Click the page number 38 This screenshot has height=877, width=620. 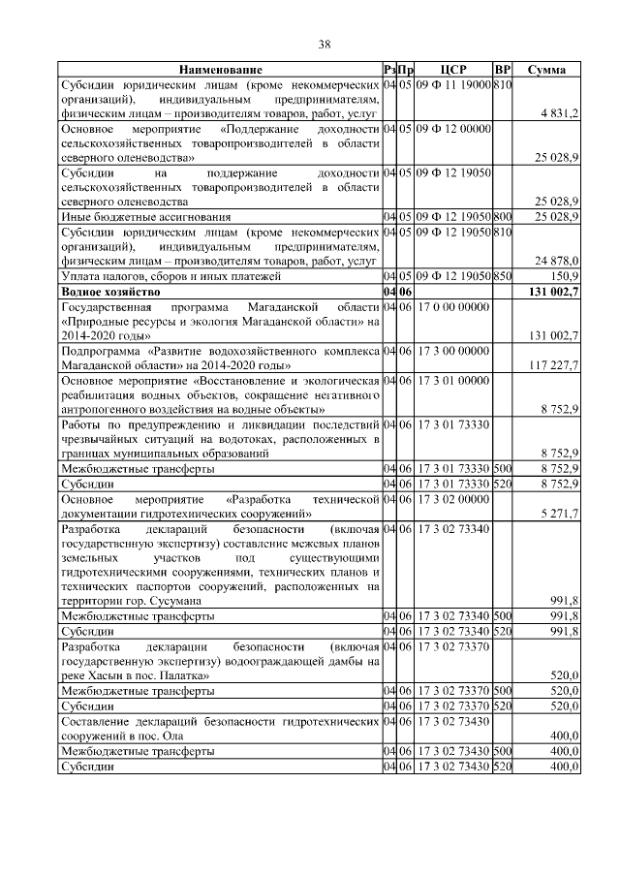[x=325, y=44]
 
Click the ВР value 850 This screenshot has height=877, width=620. [x=502, y=276]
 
